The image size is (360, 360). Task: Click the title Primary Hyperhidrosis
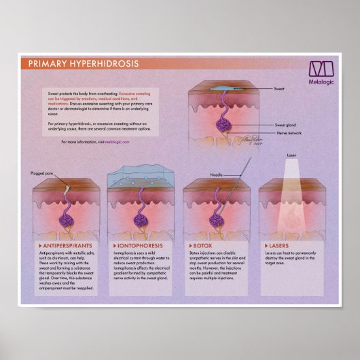coord(83,64)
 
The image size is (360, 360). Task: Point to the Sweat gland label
coord(285,126)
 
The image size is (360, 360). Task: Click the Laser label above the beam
coord(291,156)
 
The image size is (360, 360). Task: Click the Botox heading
coord(202,242)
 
